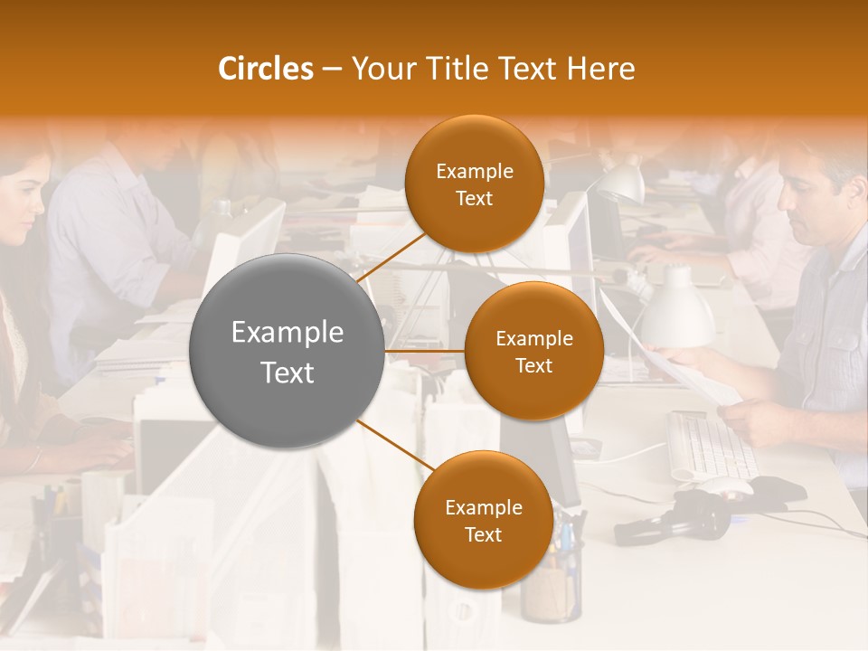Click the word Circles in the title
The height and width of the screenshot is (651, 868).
point(265,69)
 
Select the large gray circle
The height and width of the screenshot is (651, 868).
point(288,351)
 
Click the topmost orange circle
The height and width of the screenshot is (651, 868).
point(474,184)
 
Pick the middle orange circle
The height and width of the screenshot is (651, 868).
point(533,351)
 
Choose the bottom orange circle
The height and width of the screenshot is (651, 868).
point(483,520)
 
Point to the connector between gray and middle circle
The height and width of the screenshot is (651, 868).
point(425,350)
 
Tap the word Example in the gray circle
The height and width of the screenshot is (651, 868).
point(288,333)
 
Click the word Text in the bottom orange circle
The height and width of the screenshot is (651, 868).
point(483,534)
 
